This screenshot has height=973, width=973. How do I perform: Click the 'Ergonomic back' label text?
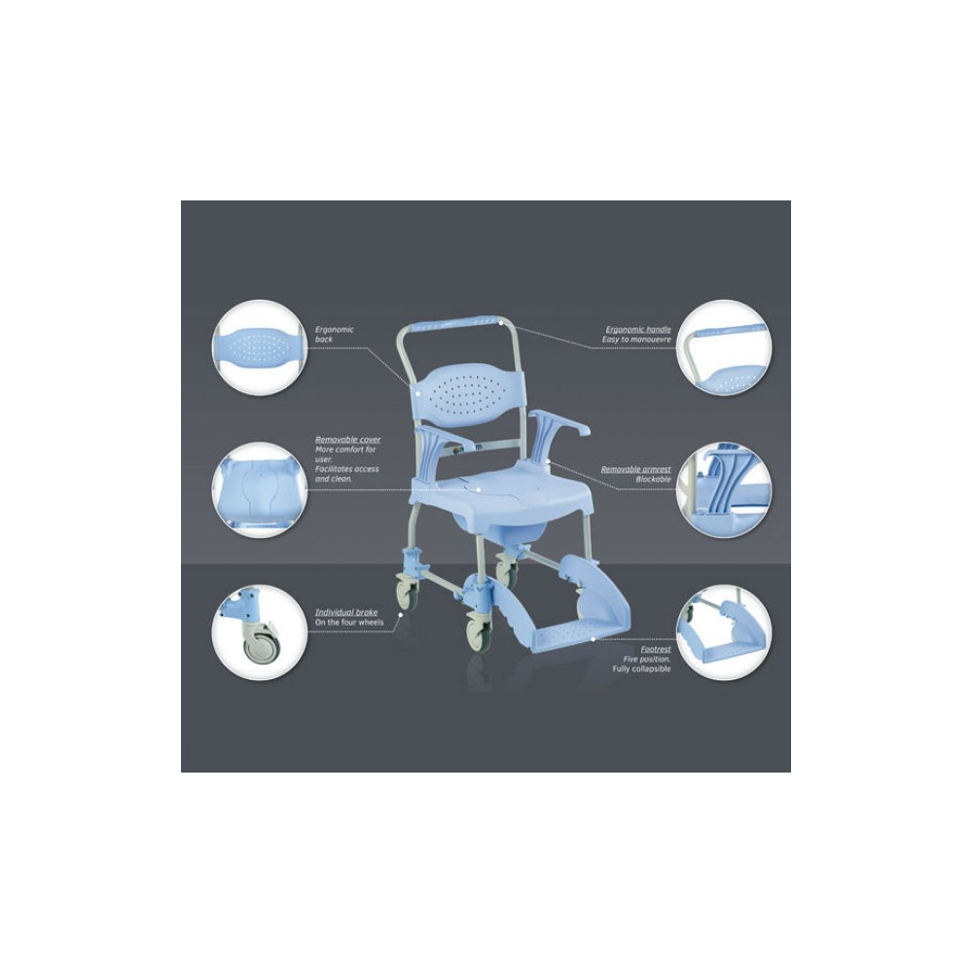[x=335, y=335]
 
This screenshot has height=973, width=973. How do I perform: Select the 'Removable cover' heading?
[x=348, y=440]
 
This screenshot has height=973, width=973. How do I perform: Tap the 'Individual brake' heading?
[x=346, y=612]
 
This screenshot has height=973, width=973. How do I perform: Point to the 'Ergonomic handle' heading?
[x=638, y=330]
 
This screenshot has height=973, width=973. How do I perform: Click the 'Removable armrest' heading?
[x=636, y=469]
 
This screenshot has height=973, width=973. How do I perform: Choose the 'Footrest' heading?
[x=656, y=650]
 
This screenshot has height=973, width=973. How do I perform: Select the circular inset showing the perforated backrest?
[x=259, y=347]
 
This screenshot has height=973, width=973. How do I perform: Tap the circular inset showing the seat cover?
[x=259, y=490]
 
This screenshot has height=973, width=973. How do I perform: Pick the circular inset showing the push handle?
[x=724, y=347]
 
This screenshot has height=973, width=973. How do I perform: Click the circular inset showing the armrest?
[x=724, y=490]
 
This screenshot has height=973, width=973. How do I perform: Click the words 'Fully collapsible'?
[x=641, y=669]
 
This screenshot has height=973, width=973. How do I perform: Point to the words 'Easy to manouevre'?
[x=636, y=340]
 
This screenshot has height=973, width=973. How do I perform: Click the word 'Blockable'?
[x=654, y=479]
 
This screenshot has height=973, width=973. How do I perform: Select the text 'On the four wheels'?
[x=349, y=622]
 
